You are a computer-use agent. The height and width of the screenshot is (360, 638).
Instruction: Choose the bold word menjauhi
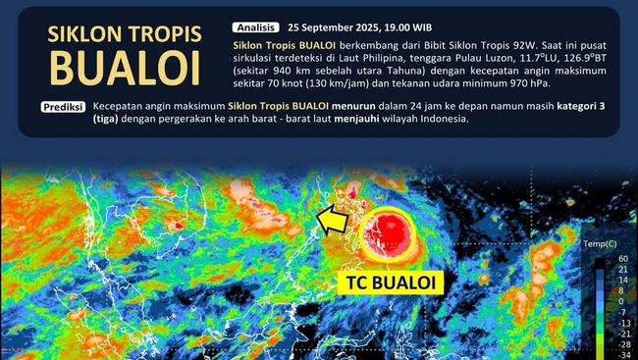[x=390, y=120]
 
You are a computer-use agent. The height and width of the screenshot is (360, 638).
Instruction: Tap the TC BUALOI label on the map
[x=392, y=283]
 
